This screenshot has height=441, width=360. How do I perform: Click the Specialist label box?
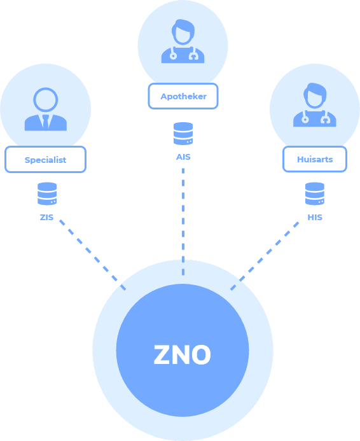(45, 160)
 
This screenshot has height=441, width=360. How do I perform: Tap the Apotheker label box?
(183, 96)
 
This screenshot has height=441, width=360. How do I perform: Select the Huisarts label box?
(315, 159)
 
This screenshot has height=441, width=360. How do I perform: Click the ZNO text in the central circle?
(182, 354)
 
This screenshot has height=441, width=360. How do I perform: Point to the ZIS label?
(46, 218)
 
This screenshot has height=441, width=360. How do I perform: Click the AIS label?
(183, 157)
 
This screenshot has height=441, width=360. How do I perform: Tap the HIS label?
(315, 218)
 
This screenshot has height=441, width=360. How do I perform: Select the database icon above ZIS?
(47, 193)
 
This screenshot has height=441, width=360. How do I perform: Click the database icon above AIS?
(183, 134)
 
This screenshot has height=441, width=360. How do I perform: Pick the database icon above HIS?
(315, 193)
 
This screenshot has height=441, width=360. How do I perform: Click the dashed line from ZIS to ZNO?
(92, 255)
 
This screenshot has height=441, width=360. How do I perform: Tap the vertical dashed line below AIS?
(183, 221)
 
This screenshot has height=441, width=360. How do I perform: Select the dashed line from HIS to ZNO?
(265, 256)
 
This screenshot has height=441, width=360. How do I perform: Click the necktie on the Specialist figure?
(46, 122)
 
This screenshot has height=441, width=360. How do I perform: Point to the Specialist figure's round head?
(46, 100)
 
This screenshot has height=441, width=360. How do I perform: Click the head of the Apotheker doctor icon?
(183, 32)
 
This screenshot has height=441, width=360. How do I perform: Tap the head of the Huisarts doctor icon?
(315, 95)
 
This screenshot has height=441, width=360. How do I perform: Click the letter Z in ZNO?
(162, 354)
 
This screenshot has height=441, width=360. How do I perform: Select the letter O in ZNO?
(200, 354)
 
